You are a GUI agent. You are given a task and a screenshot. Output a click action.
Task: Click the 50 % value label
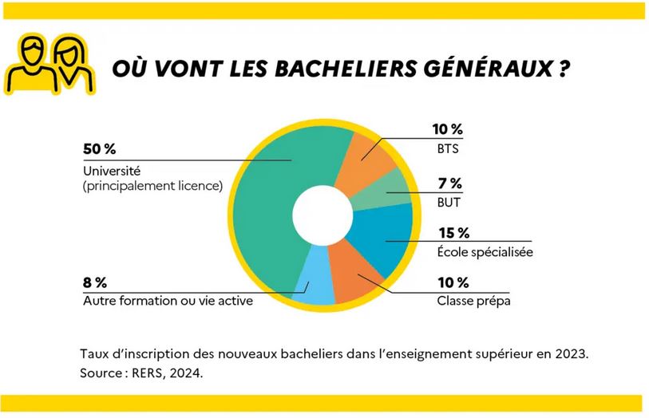(x=100, y=148)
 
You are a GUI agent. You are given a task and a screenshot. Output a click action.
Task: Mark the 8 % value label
(x=96, y=282)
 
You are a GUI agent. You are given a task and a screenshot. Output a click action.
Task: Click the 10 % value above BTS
(x=447, y=129)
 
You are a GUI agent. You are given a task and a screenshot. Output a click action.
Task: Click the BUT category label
(x=449, y=203)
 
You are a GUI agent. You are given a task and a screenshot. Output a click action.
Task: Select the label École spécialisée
(x=485, y=252)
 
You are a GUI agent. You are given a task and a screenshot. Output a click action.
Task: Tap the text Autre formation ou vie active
(x=168, y=302)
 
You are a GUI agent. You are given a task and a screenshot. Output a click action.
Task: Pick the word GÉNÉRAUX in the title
(x=482, y=68)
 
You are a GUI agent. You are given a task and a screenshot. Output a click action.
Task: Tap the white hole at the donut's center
(x=323, y=215)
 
